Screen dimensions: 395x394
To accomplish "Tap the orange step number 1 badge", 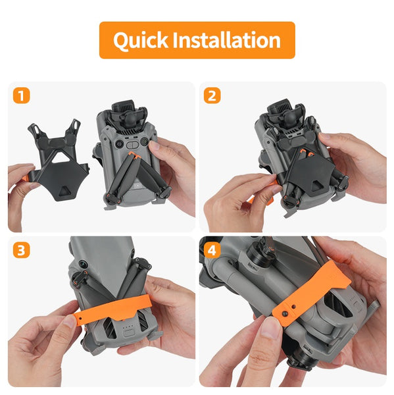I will (22, 96).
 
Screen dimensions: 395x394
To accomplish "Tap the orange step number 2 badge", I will (212, 96).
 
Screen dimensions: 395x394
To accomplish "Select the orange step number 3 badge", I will (22, 251).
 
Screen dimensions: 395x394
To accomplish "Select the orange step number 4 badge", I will (212, 251).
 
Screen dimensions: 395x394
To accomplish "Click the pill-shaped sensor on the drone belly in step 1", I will (135, 142).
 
